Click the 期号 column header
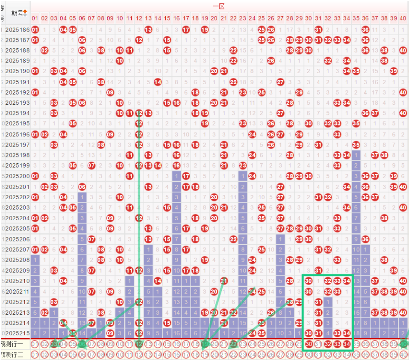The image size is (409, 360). (x=18, y=13)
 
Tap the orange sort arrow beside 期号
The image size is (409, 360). (x=25, y=11)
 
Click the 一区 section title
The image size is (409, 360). (x=219, y=6)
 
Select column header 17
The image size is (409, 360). (x=186, y=18)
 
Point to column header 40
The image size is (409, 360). (x=403, y=18)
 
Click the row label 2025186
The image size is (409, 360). (x=18, y=30)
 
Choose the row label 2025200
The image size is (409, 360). (x=18, y=176)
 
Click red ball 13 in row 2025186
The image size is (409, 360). (x=148, y=30)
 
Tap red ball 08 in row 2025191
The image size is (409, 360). (x=101, y=82)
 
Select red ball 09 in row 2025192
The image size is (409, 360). (x=110, y=92)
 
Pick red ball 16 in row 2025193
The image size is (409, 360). (x=177, y=103)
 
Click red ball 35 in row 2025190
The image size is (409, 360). (x=356, y=71)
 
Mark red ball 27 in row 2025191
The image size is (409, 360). (x=280, y=82)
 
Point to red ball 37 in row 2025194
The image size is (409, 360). (x=374, y=113)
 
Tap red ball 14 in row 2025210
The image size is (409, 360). (x=158, y=281)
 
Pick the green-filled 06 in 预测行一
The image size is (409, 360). (x=82, y=344)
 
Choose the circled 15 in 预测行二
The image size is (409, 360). (x=167, y=354)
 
